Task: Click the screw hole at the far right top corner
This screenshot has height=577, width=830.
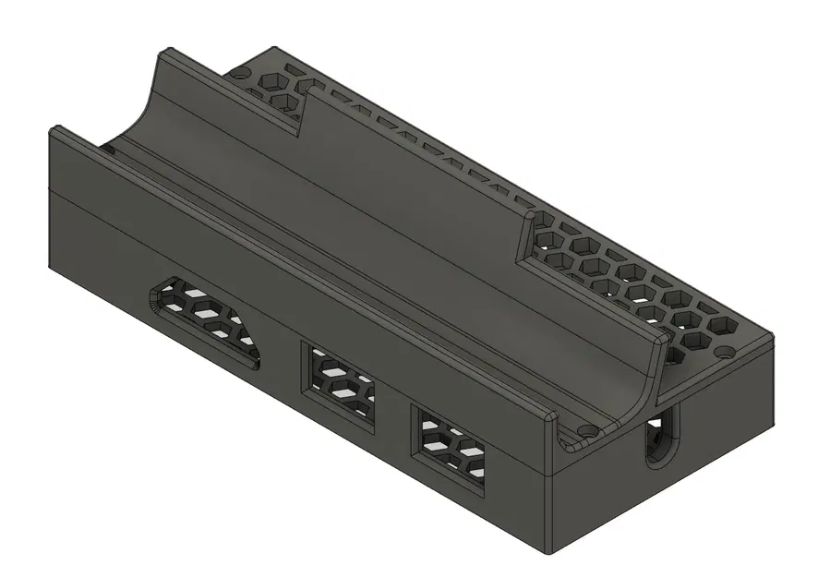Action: pos(723,352)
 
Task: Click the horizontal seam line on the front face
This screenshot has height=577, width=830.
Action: pos(277,295)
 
